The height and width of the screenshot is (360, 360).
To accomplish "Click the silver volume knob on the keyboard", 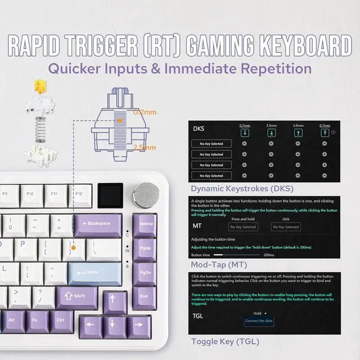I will [x=143, y=194].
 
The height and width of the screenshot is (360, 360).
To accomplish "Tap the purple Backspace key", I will [x=97, y=224].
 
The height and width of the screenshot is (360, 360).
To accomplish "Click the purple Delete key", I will [x=145, y=224].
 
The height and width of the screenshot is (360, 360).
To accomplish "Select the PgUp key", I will [x=145, y=247].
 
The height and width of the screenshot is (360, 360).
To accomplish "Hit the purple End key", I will [x=144, y=295].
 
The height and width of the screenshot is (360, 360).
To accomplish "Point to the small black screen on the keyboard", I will [x=109, y=195].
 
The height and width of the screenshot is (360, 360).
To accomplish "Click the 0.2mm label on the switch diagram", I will [x=145, y=112].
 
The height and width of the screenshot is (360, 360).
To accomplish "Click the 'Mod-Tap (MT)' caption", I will [x=219, y=264].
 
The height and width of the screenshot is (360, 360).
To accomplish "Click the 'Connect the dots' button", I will [x=258, y=321].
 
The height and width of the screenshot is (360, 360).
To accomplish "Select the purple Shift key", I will [x=76, y=295].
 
